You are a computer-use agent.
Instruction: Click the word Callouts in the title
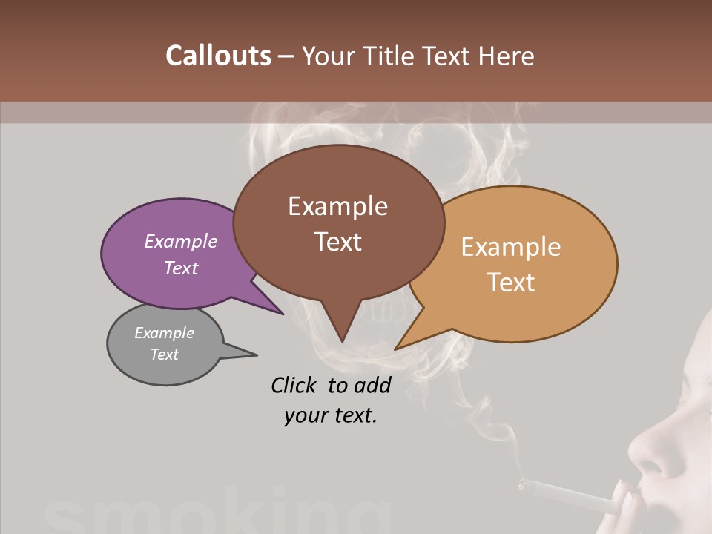(218, 56)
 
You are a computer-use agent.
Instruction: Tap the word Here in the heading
(504, 56)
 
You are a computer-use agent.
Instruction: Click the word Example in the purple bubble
(180, 242)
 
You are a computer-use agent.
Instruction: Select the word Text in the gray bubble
(164, 355)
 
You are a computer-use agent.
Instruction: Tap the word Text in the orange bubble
(511, 283)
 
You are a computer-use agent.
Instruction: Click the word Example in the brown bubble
(337, 206)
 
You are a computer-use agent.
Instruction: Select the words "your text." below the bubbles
(330, 415)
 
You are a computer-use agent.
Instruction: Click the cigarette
(571, 495)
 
